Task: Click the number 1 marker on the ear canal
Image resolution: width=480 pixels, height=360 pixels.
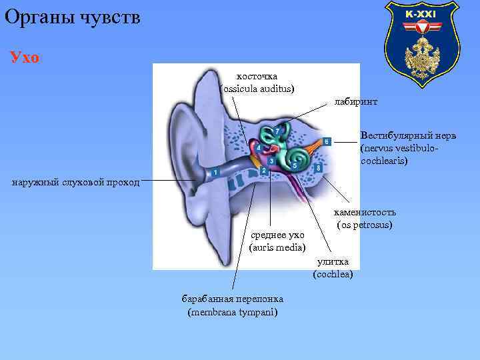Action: pyautogui.click(x=215, y=173)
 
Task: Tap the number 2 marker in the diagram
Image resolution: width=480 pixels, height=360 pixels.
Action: pyautogui.click(x=264, y=171)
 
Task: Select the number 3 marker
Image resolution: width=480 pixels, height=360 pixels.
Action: pyautogui.click(x=271, y=161)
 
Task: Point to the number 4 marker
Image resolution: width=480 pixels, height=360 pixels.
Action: pyautogui.click(x=258, y=148)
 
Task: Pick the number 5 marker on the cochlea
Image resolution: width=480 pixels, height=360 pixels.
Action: pyautogui.click(x=295, y=164)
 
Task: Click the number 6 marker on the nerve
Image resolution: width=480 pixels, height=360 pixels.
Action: pyautogui.click(x=327, y=141)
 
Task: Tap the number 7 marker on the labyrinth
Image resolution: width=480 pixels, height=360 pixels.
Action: pyautogui.click(x=277, y=131)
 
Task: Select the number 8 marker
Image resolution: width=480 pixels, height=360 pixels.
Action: pyautogui.click(x=319, y=168)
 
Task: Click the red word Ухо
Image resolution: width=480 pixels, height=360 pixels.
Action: pyautogui.click(x=25, y=57)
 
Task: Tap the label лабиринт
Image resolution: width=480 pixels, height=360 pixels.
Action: pyautogui.click(x=355, y=102)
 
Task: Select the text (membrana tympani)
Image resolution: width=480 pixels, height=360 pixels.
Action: pyautogui.click(x=233, y=311)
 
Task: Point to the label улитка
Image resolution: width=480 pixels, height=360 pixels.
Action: pyautogui.click(x=333, y=262)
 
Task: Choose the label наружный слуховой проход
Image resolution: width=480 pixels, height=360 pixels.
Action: pyautogui.click(x=75, y=182)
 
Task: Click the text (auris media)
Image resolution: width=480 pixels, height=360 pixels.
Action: pyautogui.click(x=277, y=247)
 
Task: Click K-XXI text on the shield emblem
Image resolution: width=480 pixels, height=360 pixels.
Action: pyautogui.click(x=421, y=14)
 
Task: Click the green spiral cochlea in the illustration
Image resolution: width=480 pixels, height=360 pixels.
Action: pyautogui.click(x=299, y=157)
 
